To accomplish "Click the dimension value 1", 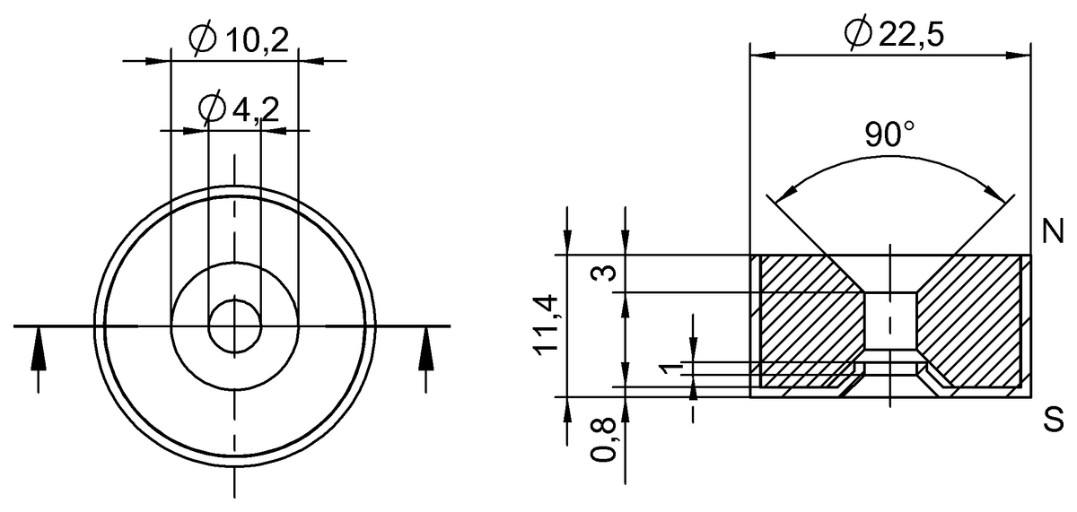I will pos(665,369).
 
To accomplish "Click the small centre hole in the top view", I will pos(234,326).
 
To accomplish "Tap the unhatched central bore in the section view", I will pos(890,323).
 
